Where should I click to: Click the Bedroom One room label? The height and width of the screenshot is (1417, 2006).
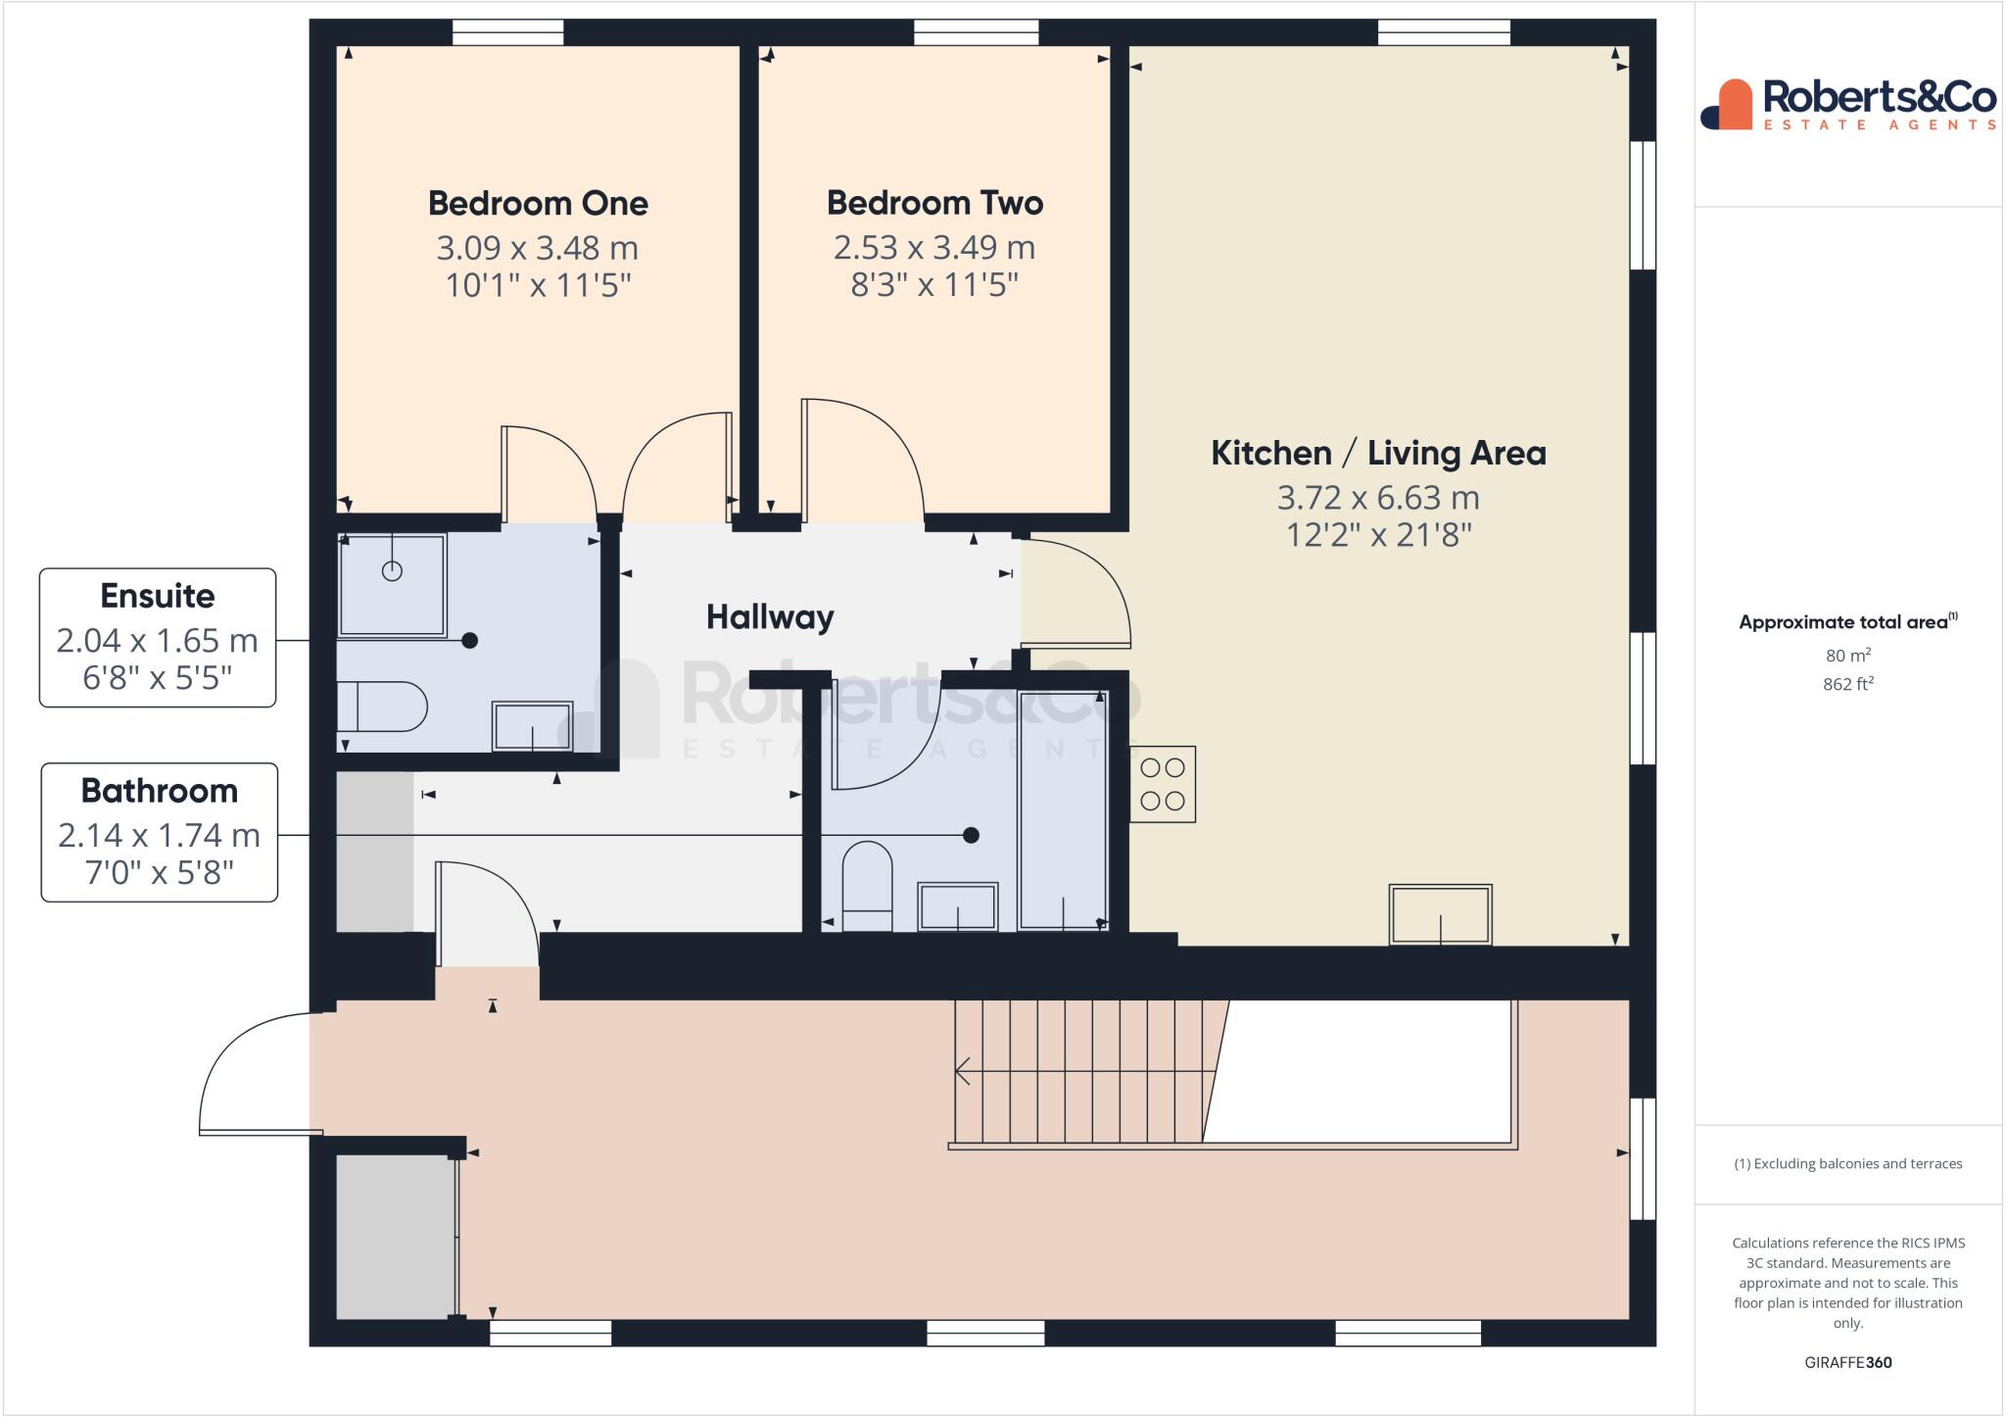[x=538, y=204]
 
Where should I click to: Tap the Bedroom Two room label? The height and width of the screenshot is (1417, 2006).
[x=934, y=203]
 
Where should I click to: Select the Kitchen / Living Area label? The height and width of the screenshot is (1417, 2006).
[x=1378, y=453]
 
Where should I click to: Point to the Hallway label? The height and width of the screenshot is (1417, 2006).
[x=770, y=617]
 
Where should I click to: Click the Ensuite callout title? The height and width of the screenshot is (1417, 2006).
[x=158, y=596]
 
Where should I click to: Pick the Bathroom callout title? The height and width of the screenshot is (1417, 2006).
[x=160, y=791]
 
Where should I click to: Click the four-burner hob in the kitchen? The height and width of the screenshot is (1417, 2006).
[x=1163, y=785]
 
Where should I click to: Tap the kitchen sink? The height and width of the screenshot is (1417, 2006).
[x=1440, y=914]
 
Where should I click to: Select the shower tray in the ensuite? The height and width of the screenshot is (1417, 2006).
[x=392, y=584]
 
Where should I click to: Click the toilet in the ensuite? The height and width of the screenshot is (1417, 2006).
[x=382, y=707]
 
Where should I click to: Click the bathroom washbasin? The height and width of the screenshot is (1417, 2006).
[x=957, y=905]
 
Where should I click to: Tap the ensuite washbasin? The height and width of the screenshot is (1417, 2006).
[x=532, y=726]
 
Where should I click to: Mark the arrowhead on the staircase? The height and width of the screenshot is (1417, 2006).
[x=962, y=1072]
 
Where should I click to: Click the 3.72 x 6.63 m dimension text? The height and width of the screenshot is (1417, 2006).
[x=1378, y=498]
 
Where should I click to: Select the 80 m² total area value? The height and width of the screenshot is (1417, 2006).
[x=1847, y=656]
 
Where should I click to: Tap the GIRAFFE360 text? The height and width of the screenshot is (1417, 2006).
[x=1847, y=1362]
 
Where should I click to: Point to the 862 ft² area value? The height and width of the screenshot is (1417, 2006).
[x=1847, y=684]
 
